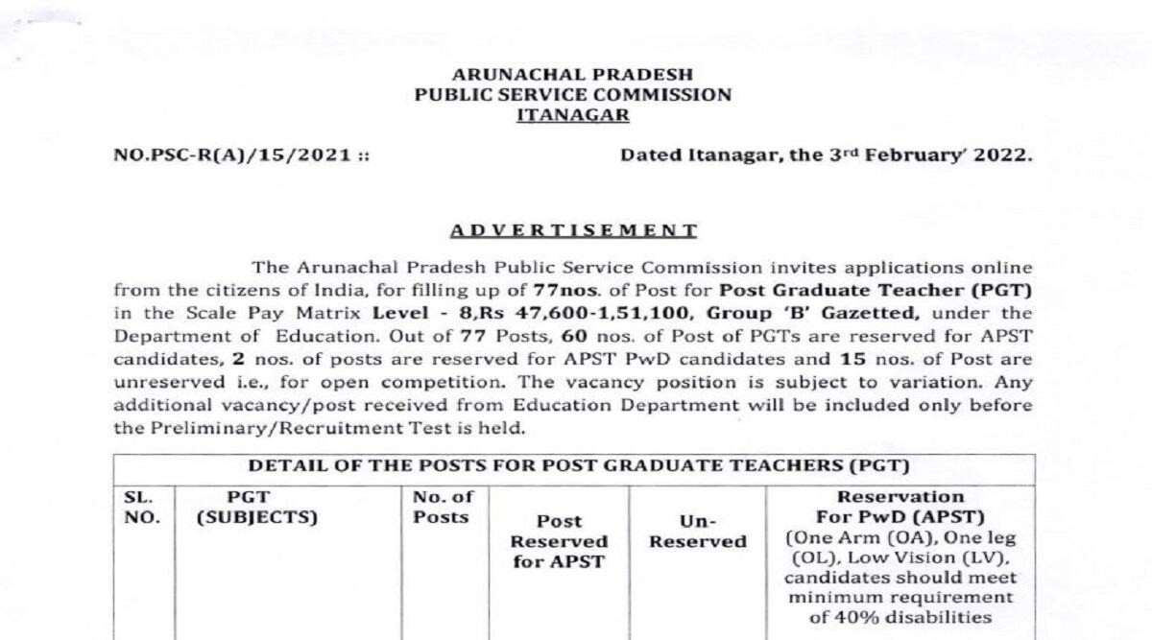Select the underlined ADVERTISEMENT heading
click(x=573, y=230)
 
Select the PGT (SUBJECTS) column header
click(x=255, y=508)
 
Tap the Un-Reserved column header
click(x=697, y=532)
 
